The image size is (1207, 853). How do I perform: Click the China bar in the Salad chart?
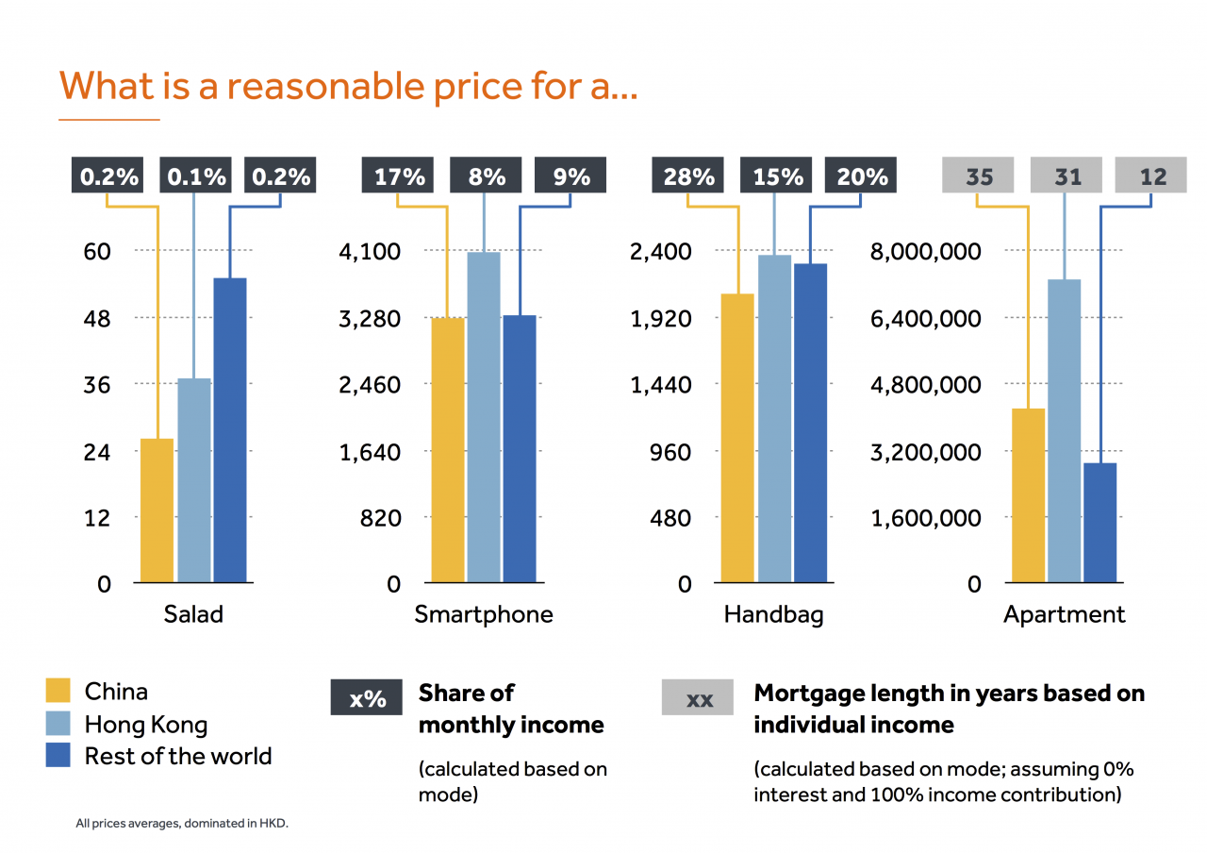157,510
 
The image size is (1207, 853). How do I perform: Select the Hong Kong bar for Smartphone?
484,417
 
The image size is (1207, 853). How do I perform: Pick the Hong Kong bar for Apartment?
1064,430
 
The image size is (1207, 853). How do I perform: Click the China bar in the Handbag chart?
737,438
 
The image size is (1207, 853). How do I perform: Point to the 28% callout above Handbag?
688,176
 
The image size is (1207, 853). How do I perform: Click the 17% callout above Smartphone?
399,176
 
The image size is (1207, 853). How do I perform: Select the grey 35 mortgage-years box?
978,176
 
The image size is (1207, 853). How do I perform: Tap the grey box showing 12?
1150,176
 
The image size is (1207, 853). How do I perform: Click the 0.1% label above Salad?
196,176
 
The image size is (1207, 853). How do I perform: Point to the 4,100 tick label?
370,252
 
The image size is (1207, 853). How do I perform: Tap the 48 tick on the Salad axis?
97,319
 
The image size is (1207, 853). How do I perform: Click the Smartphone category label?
484,615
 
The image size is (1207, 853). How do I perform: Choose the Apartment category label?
1064,615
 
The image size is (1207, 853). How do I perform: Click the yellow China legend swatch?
58,692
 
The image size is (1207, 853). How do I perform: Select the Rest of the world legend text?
178,757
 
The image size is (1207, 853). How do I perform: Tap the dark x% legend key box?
367,698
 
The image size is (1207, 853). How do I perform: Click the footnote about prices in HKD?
182,824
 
